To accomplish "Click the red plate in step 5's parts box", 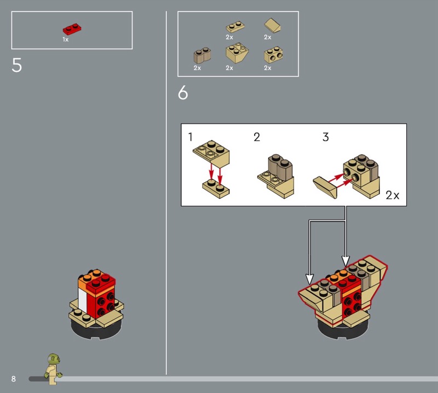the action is (x=72, y=29).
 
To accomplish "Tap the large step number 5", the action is (x=17, y=65).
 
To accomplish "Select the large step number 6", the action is (x=183, y=93).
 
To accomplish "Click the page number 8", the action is (x=13, y=379).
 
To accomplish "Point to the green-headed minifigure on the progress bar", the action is (x=53, y=369).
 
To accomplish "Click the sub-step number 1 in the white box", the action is (x=190, y=137).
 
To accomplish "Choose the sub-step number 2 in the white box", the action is (x=257, y=137).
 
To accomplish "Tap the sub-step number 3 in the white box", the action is (x=326, y=137).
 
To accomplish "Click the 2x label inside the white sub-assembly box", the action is (x=393, y=195).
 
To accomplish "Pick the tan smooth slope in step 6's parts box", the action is (x=273, y=25).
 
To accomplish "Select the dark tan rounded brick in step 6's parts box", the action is (x=202, y=55).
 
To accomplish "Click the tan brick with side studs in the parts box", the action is (x=273, y=55).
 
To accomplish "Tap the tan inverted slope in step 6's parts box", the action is (x=237, y=53).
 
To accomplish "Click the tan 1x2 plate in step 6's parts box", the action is (x=235, y=27).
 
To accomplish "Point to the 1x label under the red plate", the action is (x=65, y=39).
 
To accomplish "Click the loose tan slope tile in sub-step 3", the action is (x=325, y=187).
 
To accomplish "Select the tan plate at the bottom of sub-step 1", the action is (x=216, y=189).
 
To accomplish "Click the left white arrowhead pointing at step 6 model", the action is (x=309, y=279).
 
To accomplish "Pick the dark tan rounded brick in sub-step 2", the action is (x=280, y=167).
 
